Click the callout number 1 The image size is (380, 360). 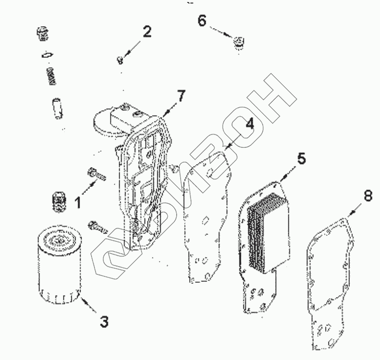pos(77,201)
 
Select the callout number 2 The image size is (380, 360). pos(146,33)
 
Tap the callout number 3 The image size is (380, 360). pos(103,321)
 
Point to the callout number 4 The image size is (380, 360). pos(249,124)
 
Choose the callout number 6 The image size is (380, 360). pos(201,21)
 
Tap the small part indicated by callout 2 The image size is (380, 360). pos(119,61)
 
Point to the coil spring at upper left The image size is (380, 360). pos(50,77)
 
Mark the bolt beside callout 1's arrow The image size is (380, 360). pos(96,174)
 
